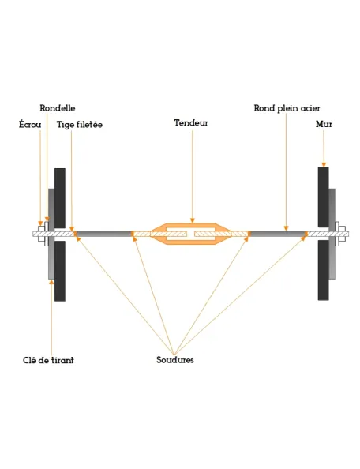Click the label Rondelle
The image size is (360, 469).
pos(58,108)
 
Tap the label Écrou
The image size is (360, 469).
pos(30,124)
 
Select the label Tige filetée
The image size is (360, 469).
pos(80,125)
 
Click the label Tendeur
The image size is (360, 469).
pos(191,123)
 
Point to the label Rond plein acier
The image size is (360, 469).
pos(287,108)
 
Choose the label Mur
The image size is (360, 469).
pos(324,124)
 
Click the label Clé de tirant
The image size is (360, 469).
pos(48,360)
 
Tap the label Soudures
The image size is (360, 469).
pos(175,360)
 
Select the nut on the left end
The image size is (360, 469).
pos(41,234)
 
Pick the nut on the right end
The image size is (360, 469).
pos(343,234)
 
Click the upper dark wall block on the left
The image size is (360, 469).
pos(60,198)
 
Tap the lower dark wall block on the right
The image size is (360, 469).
pos(323,270)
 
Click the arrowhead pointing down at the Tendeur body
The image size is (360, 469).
pos(193,221)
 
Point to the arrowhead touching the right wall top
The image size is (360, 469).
pos(324,165)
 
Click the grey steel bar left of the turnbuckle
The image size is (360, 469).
pos(103,234)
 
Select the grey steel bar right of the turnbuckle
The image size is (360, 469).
pos(277,234)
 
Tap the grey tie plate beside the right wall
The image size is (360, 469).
pos(332,234)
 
